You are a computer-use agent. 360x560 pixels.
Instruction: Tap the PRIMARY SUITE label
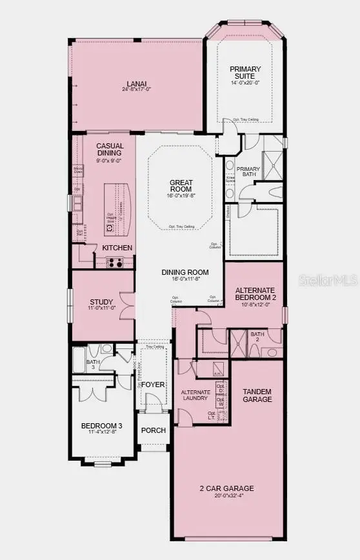(245, 72)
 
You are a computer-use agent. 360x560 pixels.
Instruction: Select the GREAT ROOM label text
(181, 187)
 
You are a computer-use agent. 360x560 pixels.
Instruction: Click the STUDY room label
(102, 302)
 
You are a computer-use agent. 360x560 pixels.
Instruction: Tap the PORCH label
(154, 430)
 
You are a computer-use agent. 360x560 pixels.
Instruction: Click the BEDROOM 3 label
(101, 426)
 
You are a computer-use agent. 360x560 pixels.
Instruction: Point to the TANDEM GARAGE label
(257, 395)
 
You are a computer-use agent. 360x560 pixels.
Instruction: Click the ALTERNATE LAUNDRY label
(195, 395)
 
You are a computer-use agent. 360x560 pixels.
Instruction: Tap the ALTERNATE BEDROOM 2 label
(255, 294)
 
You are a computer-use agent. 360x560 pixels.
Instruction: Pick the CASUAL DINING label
(110, 150)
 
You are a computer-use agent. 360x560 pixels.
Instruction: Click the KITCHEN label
(117, 248)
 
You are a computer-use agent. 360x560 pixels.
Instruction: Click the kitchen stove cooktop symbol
(115, 262)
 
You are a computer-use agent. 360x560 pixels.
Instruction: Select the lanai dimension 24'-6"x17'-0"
(136, 89)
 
